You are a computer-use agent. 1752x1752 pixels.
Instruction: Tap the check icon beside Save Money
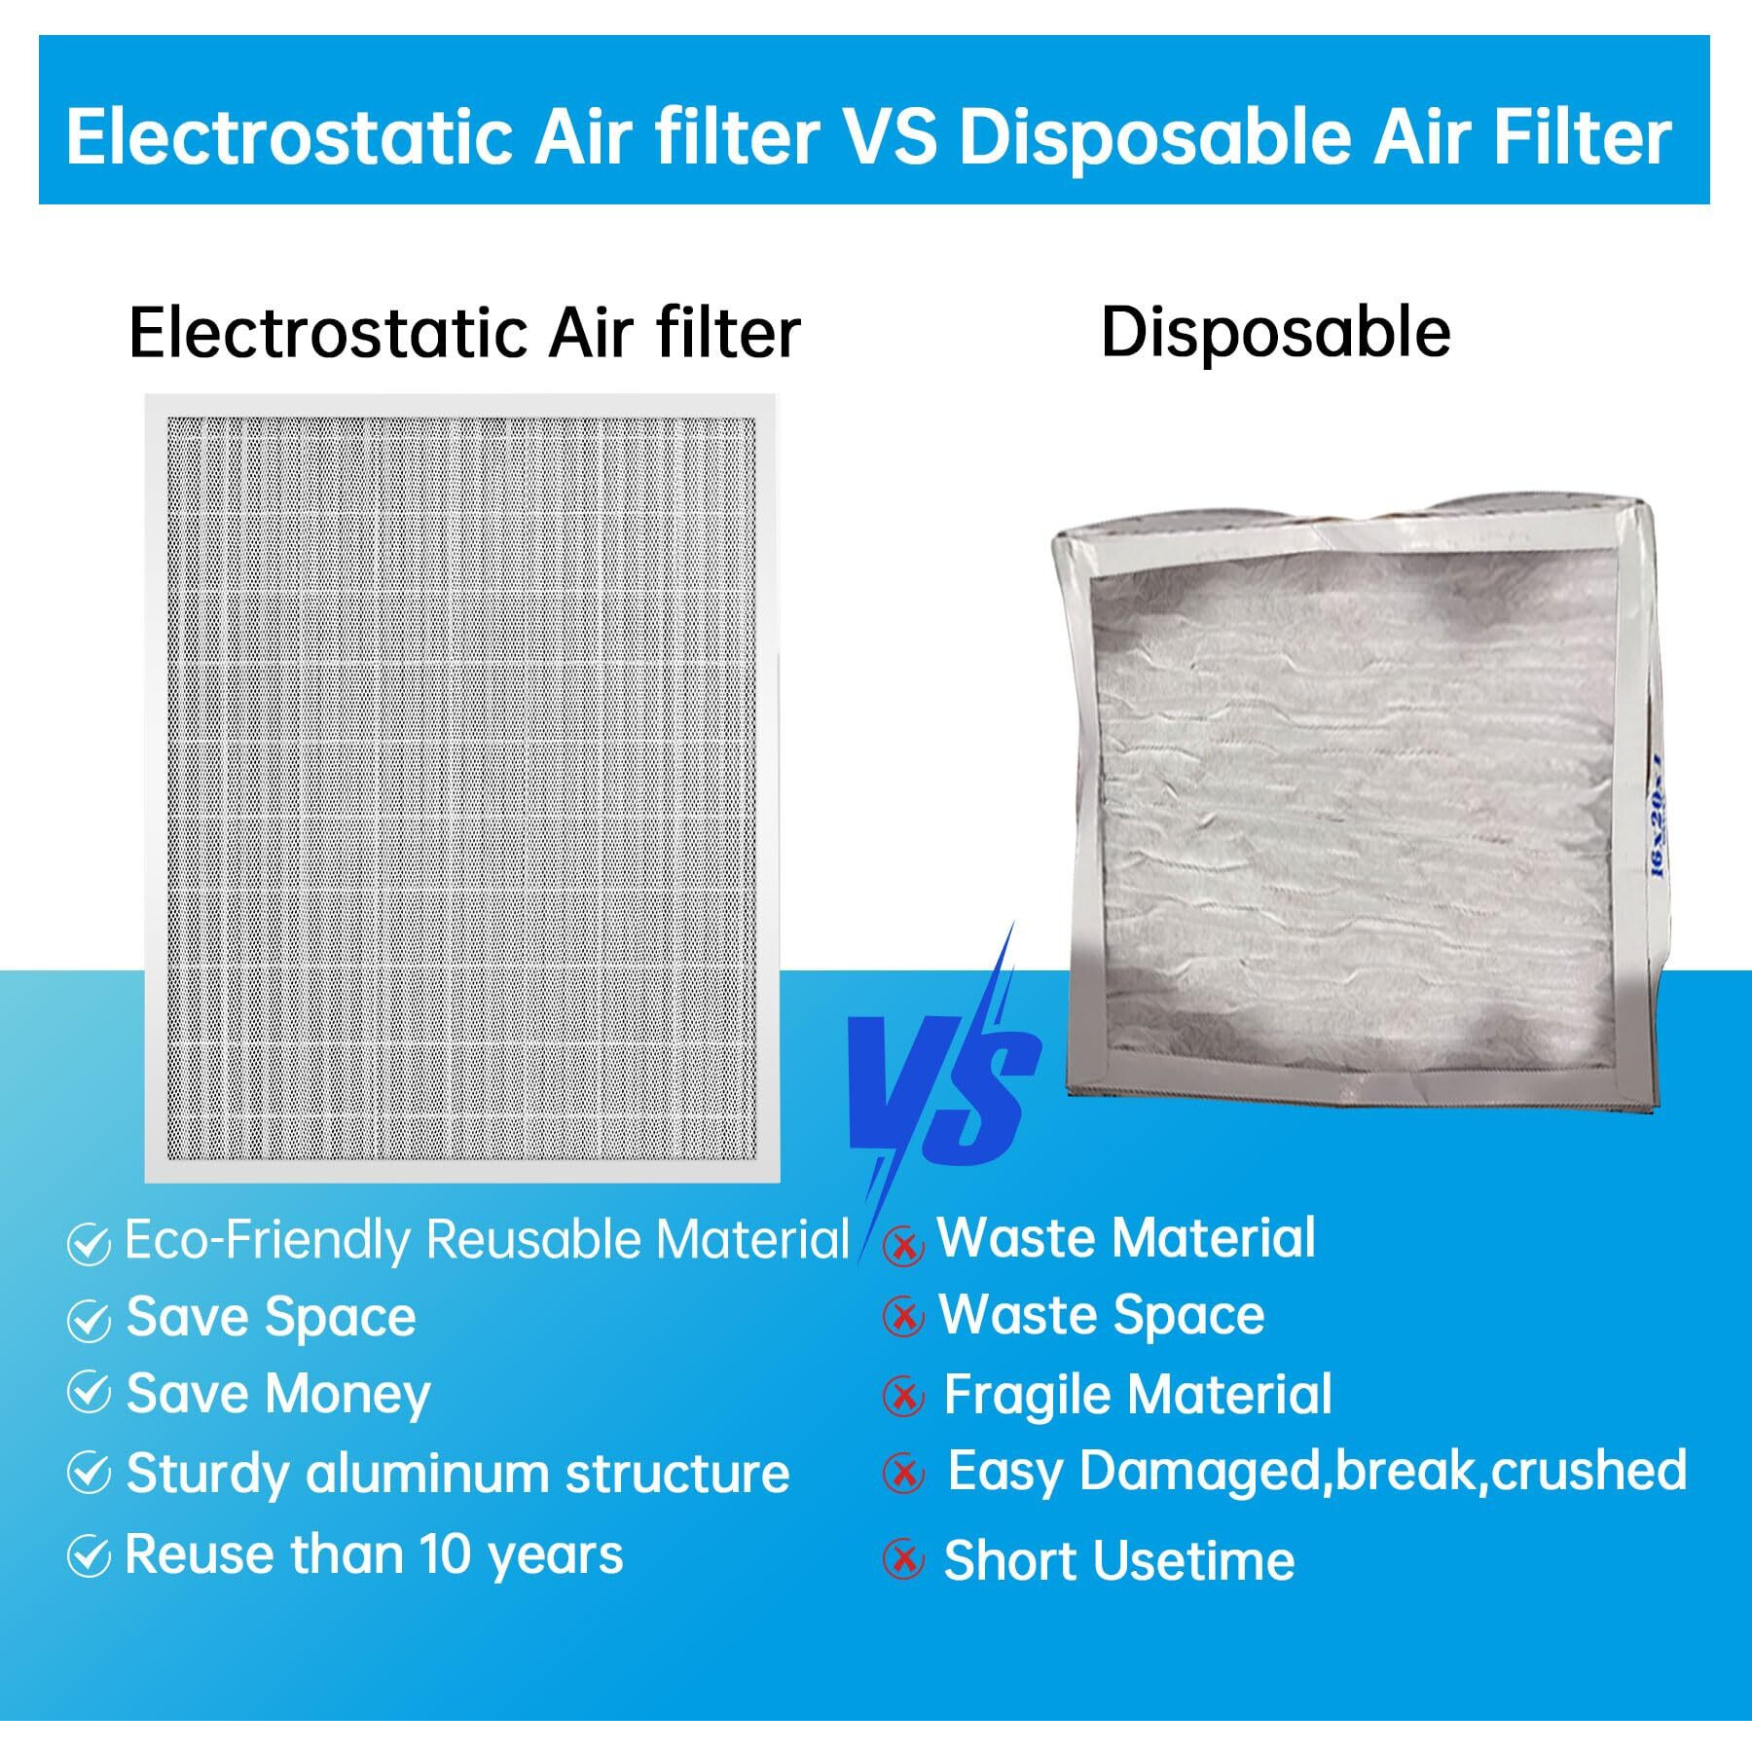coord(89,1394)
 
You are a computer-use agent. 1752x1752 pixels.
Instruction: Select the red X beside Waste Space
coord(903,1317)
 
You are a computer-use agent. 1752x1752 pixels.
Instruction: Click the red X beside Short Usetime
coord(903,1560)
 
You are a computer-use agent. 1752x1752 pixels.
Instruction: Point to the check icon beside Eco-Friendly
coord(89,1244)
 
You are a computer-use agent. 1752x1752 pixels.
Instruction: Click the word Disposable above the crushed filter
coord(1275,332)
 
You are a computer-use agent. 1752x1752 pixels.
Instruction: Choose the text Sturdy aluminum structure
coord(457,1473)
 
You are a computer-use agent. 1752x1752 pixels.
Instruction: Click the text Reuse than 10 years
coord(374,1553)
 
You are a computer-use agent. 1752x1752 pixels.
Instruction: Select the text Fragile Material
coord(1137,1394)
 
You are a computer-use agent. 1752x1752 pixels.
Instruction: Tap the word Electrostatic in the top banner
coord(289,137)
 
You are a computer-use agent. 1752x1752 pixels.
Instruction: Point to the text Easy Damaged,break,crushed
coord(1316,1470)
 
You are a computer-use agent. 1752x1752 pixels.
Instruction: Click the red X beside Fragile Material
coord(903,1397)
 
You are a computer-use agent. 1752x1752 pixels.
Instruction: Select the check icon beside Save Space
coord(89,1320)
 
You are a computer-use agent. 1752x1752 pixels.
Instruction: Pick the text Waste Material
coord(1126,1237)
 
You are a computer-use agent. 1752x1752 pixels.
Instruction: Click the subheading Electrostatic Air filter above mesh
coord(464,333)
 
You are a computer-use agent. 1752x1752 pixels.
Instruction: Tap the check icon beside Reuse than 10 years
coord(89,1557)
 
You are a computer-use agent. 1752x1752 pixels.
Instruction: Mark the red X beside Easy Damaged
coord(903,1474)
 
